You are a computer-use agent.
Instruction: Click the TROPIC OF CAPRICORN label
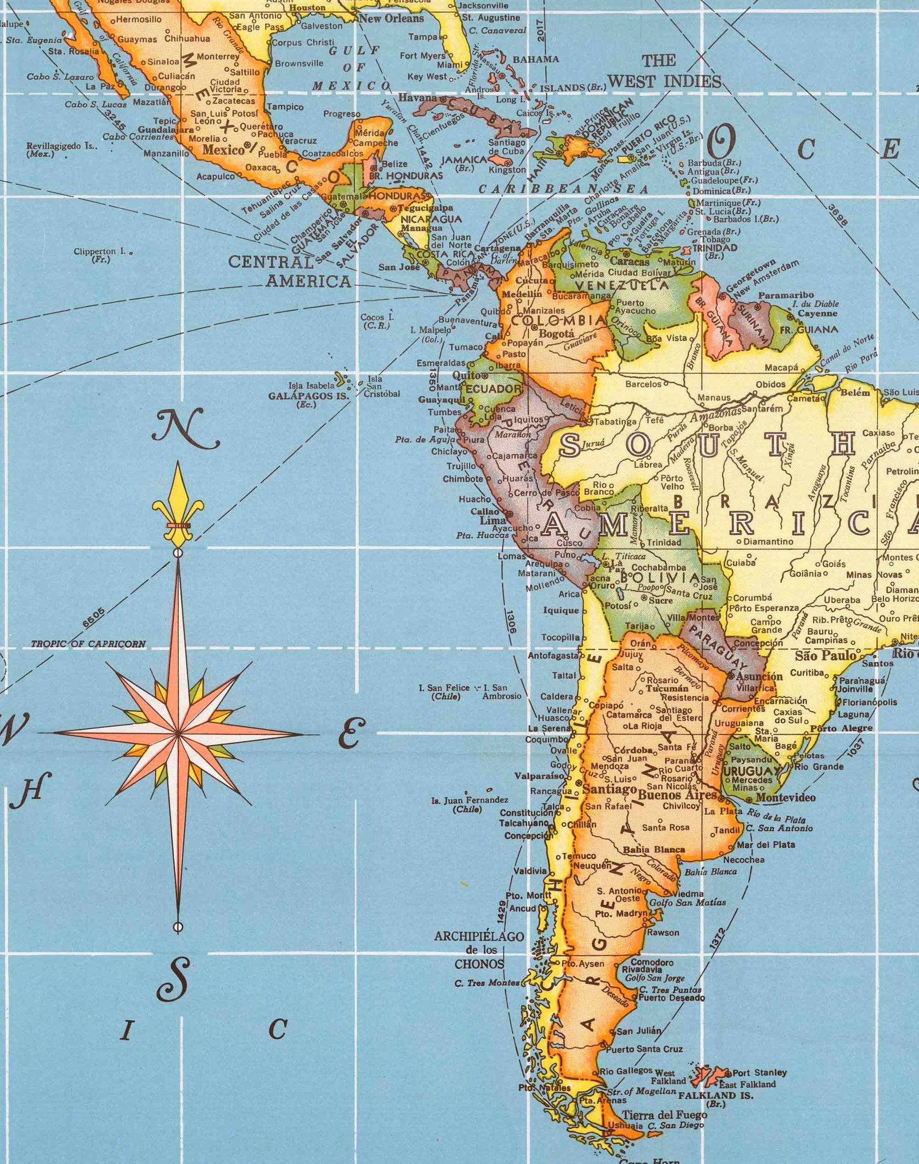(88, 644)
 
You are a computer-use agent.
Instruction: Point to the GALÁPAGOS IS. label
(309, 395)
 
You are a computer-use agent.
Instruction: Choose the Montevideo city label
(785, 797)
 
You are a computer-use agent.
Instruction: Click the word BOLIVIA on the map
(660, 578)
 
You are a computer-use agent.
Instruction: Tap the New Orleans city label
(391, 18)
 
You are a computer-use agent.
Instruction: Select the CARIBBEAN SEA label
(564, 189)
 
